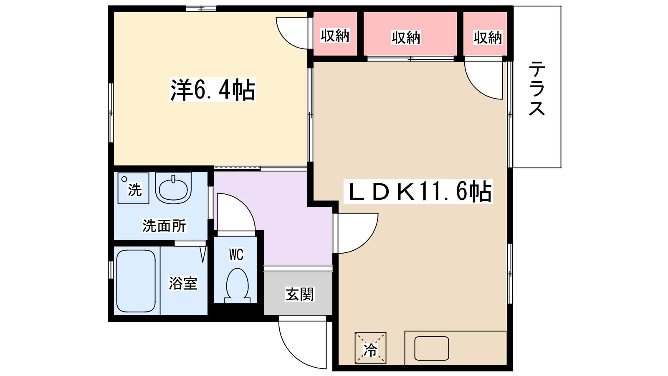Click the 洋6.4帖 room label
click(213, 90)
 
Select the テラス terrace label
click(537, 88)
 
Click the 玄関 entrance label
click(300, 294)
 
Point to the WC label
click(236, 254)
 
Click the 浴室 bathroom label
click(183, 283)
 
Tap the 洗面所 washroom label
click(164, 226)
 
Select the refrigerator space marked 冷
click(370, 348)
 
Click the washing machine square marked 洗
click(133, 188)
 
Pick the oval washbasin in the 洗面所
click(173, 188)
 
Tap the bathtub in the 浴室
click(136, 281)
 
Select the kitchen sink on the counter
click(432, 348)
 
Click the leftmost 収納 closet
click(335, 34)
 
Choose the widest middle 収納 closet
click(410, 34)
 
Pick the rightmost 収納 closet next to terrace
click(485, 34)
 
